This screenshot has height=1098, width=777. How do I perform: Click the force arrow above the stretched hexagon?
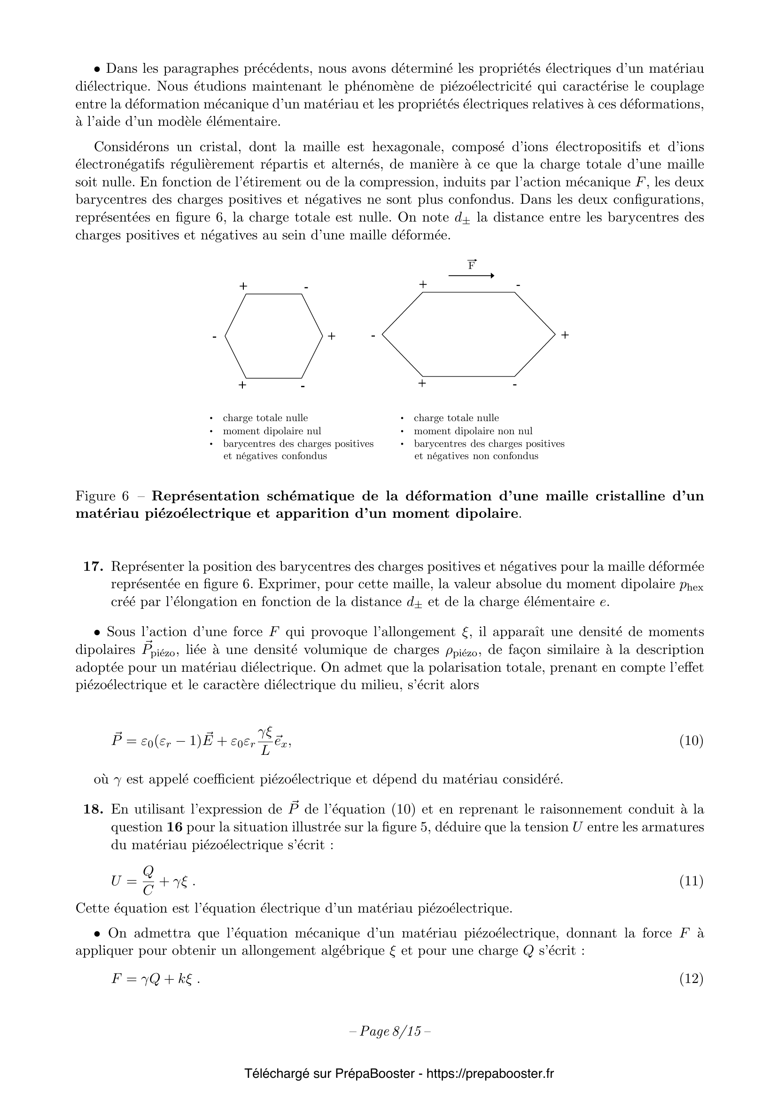471,276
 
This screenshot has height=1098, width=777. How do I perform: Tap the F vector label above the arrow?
472,264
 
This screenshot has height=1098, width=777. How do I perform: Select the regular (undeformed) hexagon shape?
274,336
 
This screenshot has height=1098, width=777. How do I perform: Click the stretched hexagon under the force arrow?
469,334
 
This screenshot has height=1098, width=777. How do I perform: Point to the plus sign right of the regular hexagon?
332,336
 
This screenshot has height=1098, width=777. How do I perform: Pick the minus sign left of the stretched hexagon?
373,336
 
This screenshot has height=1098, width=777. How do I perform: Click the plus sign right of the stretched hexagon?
565,335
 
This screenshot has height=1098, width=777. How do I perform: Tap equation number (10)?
692,741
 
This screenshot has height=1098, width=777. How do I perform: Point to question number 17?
94,567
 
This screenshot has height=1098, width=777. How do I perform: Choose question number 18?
94,810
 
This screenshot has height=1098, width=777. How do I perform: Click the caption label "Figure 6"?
102,496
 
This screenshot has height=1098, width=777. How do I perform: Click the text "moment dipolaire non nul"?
473,431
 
